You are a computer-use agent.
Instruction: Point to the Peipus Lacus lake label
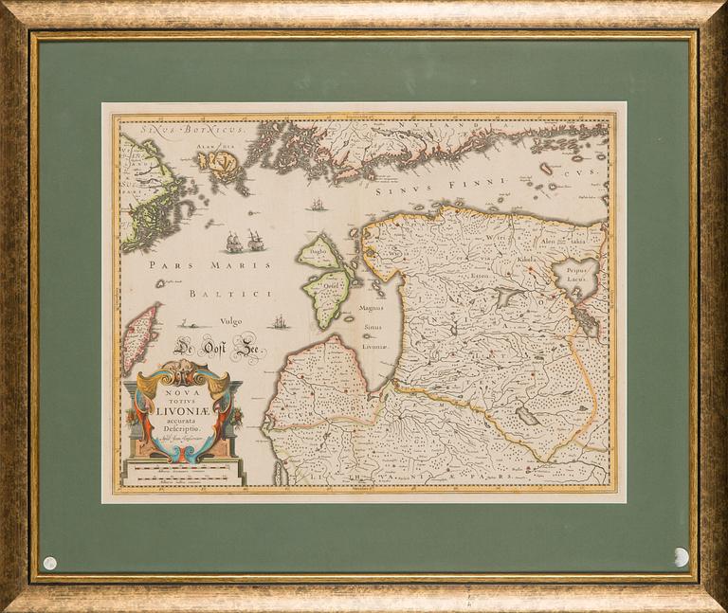577,275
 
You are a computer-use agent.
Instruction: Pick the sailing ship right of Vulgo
278,323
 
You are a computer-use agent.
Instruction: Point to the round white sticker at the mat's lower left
49,563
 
